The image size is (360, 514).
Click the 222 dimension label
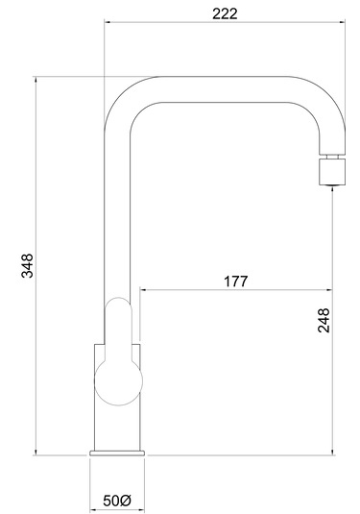click(225, 13)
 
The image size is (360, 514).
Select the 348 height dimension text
click(27, 265)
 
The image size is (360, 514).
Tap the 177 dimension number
click(236, 281)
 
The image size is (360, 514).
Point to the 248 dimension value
click(324, 320)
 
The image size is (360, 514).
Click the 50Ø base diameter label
click(117, 501)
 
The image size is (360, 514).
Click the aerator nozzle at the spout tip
click(332, 172)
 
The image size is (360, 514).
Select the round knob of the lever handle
click(118, 381)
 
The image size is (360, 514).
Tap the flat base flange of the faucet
click(117, 453)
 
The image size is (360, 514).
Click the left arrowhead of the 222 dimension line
click(107, 22)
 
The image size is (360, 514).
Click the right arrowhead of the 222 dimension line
click(343, 22)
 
